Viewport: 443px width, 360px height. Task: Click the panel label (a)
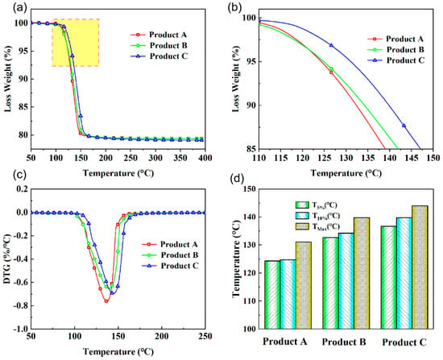point(20,7)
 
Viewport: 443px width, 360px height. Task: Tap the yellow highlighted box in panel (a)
point(75,43)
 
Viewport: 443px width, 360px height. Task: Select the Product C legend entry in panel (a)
point(159,56)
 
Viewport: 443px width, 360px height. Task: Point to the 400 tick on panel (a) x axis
point(205,158)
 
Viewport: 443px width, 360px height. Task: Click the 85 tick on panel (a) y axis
point(23,107)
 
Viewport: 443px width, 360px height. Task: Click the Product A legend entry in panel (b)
point(395,39)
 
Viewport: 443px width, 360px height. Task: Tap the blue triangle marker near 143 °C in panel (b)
point(404,126)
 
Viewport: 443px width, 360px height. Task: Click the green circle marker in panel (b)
point(331,68)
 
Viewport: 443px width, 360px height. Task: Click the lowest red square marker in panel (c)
point(106,301)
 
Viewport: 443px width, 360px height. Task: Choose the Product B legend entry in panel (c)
point(170,255)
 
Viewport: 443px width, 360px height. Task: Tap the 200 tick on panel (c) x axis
point(161,337)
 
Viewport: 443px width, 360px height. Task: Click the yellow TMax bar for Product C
point(420,267)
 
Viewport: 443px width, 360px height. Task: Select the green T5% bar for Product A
point(272,295)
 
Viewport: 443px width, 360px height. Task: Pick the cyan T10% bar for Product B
point(346,281)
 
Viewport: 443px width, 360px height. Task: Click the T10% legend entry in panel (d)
point(317,216)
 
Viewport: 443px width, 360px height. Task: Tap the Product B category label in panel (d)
point(344,342)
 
